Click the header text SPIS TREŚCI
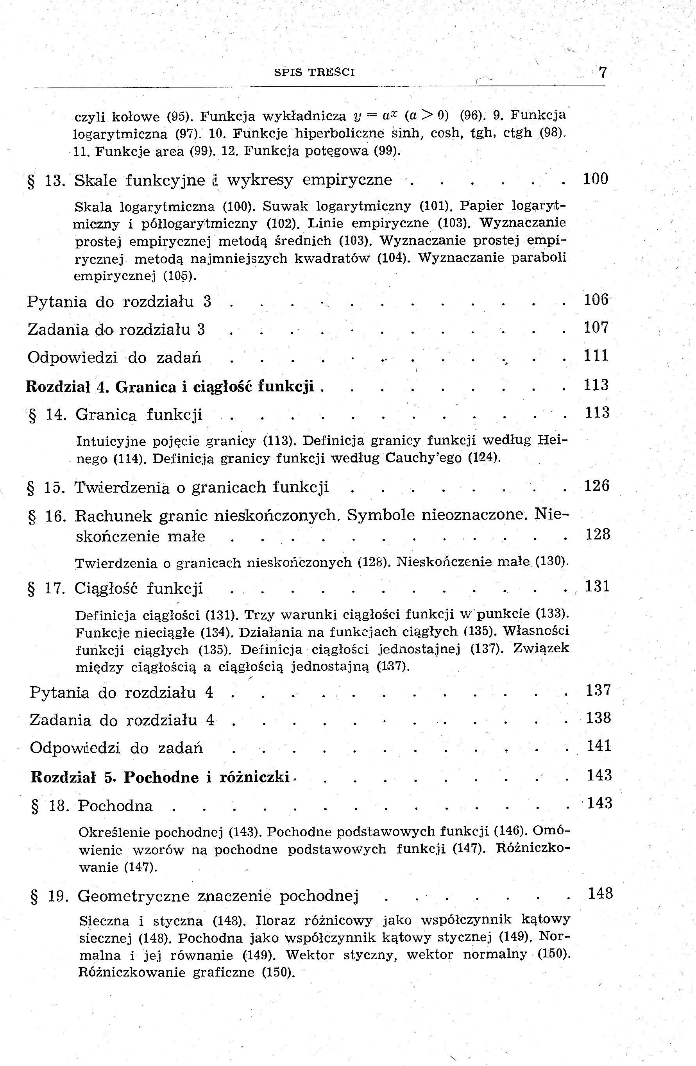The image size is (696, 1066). pyautogui.click(x=315, y=72)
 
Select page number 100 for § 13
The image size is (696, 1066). pyautogui.click(x=595, y=179)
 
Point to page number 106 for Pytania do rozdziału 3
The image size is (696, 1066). pyautogui.click(x=596, y=300)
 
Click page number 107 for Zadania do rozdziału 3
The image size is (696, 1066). pyautogui.click(x=596, y=328)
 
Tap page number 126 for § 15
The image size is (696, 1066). pyautogui.click(x=597, y=486)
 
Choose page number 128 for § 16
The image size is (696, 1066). pyautogui.click(x=598, y=535)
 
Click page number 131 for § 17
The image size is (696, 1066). pyautogui.click(x=598, y=587)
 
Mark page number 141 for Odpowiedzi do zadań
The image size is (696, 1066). pyautogui.click(x=599, y=746)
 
